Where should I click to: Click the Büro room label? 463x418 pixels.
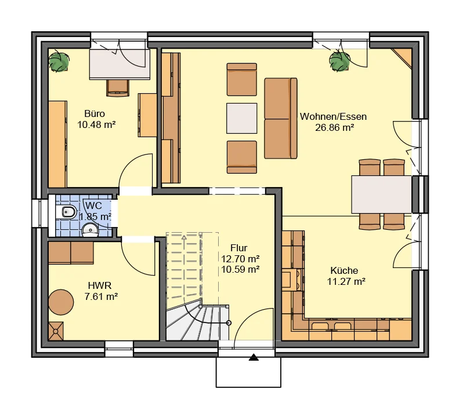[94, 113]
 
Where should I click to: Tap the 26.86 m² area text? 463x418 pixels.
[333, 127]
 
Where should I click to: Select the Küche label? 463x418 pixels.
[344, 270]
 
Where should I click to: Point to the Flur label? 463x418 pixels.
[238, 248]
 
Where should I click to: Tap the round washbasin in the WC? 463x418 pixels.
[91, 231]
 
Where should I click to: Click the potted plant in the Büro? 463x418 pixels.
[59, 62]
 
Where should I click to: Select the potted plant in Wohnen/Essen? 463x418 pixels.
[339, 60]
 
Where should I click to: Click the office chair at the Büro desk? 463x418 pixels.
[118, 87]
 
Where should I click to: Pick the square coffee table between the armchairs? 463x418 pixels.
[241, 118]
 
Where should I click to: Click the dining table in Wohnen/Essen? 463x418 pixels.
[381, 195]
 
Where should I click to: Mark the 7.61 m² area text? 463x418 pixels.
[103, 296]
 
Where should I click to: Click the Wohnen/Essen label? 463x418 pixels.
[333, 116]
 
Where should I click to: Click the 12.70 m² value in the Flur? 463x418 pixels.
[240, 258]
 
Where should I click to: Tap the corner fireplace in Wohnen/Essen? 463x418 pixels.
[403, 58]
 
